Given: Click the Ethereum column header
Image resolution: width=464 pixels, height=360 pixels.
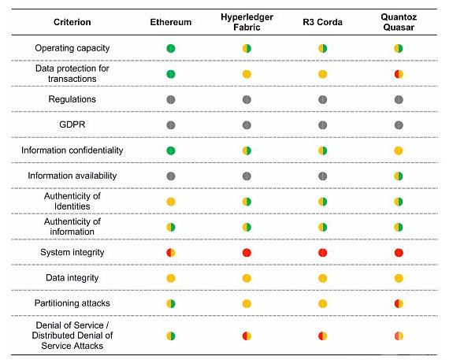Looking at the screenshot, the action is pos(171,22).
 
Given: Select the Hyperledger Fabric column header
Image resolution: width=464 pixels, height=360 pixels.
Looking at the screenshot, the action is pos(247,22).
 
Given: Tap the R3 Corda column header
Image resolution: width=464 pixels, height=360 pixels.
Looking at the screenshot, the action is pos(322,22).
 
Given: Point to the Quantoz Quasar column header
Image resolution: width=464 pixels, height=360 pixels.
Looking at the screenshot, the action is pos(399,22).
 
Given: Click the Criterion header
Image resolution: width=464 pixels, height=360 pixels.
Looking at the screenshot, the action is pos(72,22).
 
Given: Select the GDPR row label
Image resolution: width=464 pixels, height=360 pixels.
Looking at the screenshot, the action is pos(72,124).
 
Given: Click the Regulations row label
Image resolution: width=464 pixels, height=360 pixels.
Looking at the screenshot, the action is pos(72,99).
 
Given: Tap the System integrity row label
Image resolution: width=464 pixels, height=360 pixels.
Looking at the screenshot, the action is pos(72,252).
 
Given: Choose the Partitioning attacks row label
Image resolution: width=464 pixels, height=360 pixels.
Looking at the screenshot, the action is pos(72,303).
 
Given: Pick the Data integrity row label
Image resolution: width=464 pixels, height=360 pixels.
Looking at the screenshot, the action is pos(72,278).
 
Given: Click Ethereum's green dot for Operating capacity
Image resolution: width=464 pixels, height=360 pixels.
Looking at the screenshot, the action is pos(171,48).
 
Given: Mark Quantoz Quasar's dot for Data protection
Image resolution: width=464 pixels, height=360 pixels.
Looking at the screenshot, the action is pos(399,74).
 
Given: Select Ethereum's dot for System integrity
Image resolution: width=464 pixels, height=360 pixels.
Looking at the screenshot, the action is pos(171,253).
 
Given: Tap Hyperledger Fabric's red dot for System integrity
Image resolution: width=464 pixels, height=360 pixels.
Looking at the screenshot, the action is pos(247,253).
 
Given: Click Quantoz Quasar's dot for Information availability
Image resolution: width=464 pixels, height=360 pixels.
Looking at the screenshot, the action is pos(399,176).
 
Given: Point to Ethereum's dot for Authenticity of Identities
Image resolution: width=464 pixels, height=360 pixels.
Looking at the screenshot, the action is pos(171,202).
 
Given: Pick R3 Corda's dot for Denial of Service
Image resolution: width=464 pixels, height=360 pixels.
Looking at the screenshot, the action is pos(322,336).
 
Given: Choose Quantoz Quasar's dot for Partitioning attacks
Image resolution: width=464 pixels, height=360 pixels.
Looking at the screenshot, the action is pos(399,303).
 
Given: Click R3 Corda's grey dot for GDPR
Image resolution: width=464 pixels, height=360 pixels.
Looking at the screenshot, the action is pos(322,125).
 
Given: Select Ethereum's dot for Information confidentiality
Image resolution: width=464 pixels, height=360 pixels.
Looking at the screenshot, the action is pos(171,150).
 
